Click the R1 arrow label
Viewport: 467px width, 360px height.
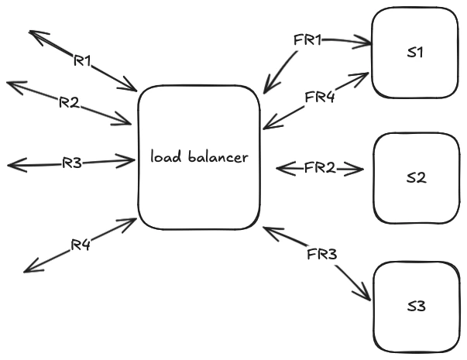[x=82, y=60]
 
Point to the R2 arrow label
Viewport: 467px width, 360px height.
[x=69, y=102]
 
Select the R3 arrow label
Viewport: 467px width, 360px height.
[x=72, y=163]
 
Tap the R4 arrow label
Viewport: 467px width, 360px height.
[x=81, y=245]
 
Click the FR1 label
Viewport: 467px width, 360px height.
[x=307, y=40]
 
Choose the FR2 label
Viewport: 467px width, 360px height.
[x=320, y=168]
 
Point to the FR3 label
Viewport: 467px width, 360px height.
[x=322, y=254]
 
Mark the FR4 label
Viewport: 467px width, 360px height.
[x=320, y=97]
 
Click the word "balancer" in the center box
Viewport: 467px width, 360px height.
[x=218, y=156]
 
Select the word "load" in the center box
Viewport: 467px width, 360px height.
[x=166, y=156]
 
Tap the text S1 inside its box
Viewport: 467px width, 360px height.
[x=415, y=53]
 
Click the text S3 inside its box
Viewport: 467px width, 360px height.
[x=417, y=307]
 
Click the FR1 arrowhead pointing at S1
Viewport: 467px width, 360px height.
[x=369, y=44]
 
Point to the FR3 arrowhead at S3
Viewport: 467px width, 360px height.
[x=369, y=299]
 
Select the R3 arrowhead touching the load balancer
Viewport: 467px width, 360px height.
[x=133, y=160]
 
